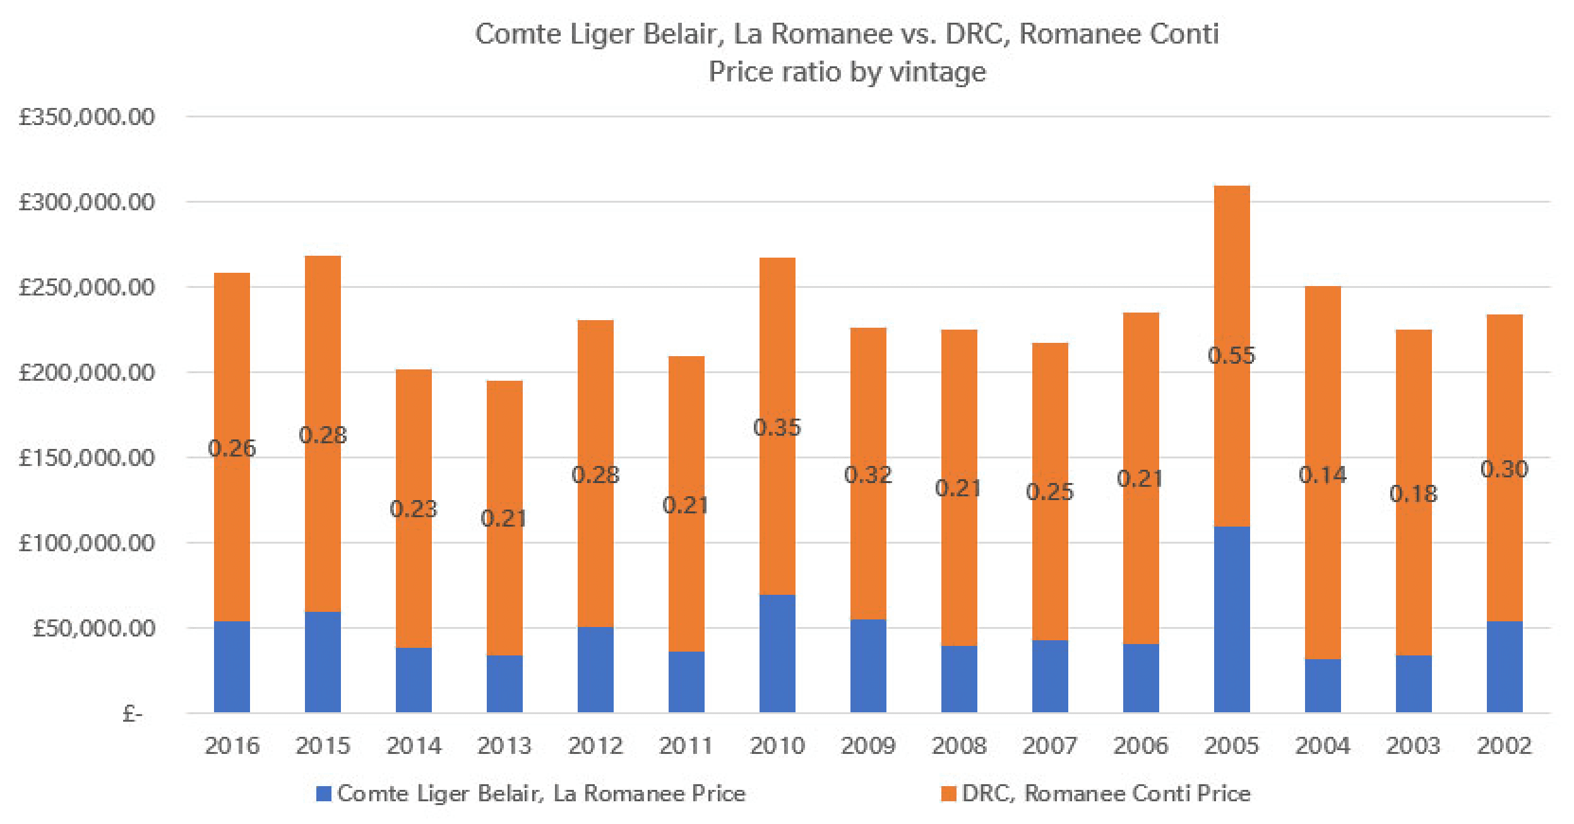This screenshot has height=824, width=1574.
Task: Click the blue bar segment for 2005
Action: (1231, 619)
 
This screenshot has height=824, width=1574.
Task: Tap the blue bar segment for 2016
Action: (232, 667)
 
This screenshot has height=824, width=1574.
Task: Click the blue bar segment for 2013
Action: (504, 684)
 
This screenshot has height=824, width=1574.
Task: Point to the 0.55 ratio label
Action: (1231, 355)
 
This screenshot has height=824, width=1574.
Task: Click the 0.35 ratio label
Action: (777, 427)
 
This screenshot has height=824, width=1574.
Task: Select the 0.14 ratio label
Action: (1323, 475)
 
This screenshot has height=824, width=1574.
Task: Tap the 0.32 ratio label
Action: (868, 475)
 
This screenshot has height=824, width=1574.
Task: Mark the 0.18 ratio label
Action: (1413, 494)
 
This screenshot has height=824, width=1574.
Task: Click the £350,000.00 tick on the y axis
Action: (87, 117)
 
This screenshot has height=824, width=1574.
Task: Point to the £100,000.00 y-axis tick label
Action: (87, 543)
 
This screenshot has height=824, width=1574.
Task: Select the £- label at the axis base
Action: (133, 714)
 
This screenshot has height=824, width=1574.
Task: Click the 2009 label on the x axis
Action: (868, 746)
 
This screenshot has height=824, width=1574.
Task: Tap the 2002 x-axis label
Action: (1504, 746)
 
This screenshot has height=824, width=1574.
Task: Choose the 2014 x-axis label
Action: (414, 746)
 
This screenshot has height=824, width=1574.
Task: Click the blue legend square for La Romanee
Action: (324, 794)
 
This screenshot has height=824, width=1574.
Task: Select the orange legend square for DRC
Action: (948, 794)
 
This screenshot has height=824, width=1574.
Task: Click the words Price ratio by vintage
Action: (847, 72)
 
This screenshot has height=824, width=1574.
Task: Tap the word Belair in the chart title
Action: (683, 34)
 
